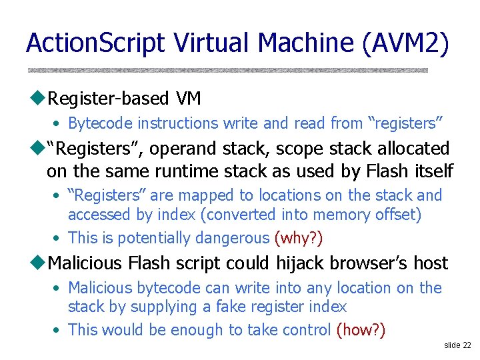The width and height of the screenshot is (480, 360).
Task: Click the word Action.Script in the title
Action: point(95,43)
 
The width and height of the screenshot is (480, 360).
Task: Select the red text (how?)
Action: point(361,330)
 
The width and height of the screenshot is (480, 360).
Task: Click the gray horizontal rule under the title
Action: point(227,70)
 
